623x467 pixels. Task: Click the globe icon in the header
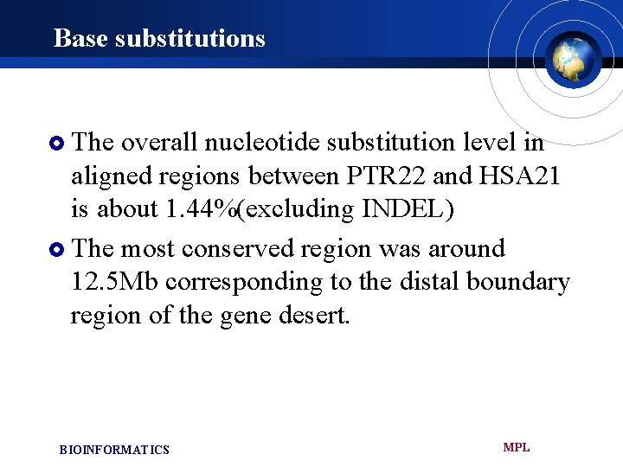point(573,58)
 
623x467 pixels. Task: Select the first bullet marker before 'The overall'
point(58,142)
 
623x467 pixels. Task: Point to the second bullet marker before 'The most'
point(58,250)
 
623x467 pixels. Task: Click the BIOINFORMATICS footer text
point(114,450)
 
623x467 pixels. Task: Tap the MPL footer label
point(517,447)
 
